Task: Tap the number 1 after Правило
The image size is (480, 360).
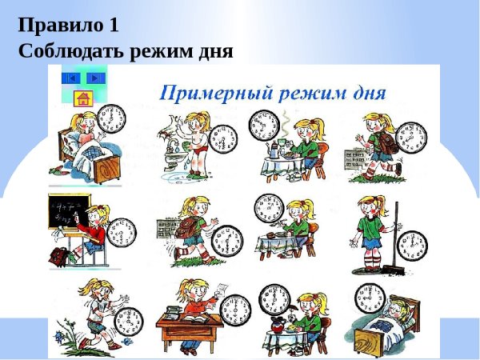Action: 114,25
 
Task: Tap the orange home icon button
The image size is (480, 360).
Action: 82,99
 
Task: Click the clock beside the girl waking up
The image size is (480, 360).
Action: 113,121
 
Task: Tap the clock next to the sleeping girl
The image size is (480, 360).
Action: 370,299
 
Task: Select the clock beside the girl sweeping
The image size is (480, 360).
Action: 413,244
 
